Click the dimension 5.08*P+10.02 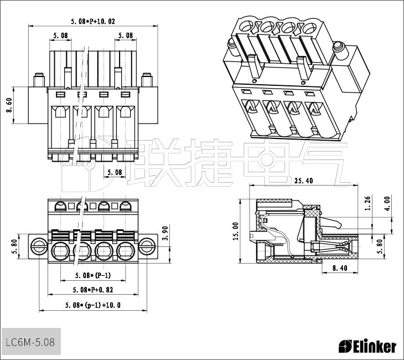pos(93,22)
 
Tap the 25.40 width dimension pos(304,181)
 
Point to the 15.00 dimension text pos(236,231)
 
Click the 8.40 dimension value pos(339,268)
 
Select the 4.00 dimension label pos(387,203)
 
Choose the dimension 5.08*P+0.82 pos(92,290)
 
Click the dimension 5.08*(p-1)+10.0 pos(92,305)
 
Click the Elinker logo pos(367,347)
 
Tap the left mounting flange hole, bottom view pos(38,245)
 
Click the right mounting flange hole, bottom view pos(147,245)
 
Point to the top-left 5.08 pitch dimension pos(61,35)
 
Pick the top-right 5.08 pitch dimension pos(125,35)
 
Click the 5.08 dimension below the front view pos(115,172)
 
